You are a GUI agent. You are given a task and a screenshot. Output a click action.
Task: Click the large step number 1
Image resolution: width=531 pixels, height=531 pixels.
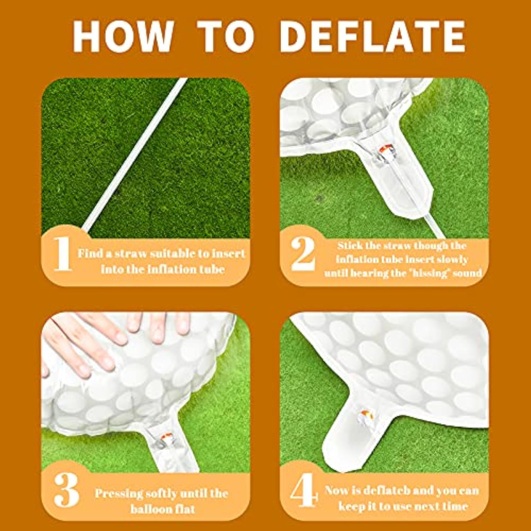click(63, 253)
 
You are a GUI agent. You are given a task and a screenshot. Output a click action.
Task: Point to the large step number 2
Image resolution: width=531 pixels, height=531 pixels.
click(303, 253)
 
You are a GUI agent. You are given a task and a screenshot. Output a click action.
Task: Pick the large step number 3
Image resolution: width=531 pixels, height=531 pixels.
click(66, 490)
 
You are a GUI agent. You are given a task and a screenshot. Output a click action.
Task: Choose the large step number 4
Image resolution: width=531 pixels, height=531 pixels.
click(304, 491)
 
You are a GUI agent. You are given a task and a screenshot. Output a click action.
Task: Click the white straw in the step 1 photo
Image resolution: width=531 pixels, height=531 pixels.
click(136, 156)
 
